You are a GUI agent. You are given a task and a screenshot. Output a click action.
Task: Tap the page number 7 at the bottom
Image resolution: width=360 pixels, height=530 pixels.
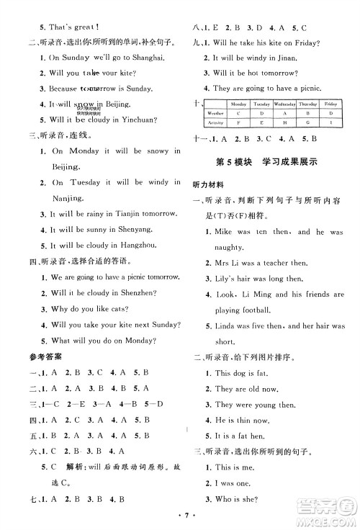pos(180,517)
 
